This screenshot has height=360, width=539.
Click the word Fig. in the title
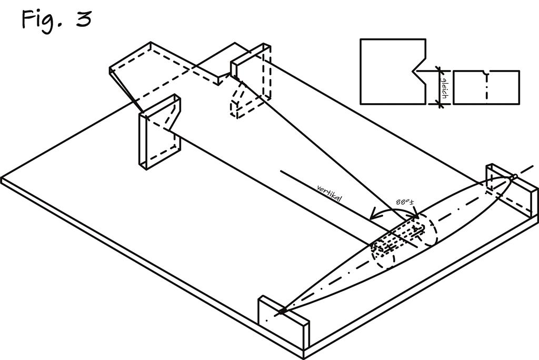coord(41,19)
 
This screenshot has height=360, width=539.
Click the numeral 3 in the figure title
coord(84,19)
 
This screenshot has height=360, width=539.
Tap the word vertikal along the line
coord(330,194)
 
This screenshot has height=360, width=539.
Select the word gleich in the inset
coord(444,88)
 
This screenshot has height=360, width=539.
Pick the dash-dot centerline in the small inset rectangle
coord(487,88)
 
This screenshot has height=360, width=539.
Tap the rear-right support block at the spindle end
coord(511,189)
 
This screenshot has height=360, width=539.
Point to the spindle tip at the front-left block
coord(282,312)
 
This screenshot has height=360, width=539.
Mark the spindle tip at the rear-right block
coord(515,177)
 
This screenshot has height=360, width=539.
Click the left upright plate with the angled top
coord(160,133)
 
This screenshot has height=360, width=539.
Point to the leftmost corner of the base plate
coord(2,179)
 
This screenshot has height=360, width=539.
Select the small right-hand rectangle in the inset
coord(486,87)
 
